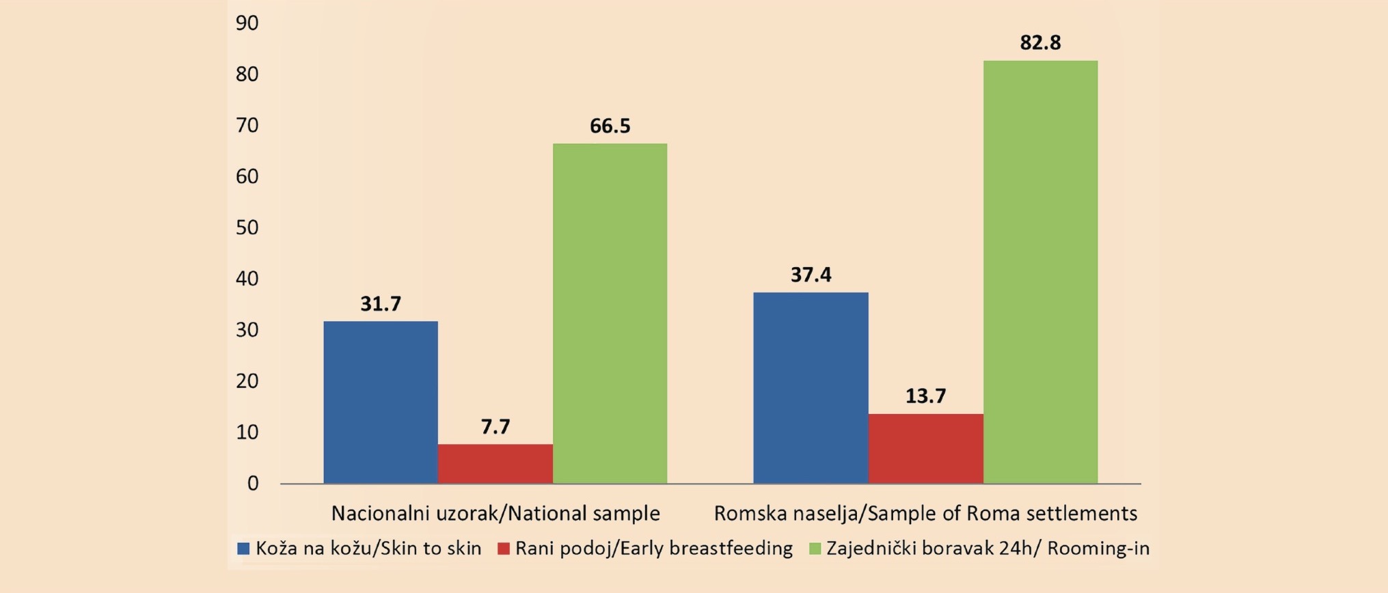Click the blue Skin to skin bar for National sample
pyautogui.click(x=381, y=402)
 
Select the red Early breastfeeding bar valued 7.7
pyautogui.click(x=495, y=464)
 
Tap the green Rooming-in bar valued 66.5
pyautogui.click(x=610, y=314)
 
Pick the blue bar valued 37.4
pyautogui.click(x=811, y=388)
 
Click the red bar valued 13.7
pyautogui.click(x=926, y=449)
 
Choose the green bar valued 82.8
pyautogui.click(x=1041, y=272)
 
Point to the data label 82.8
pyautogui.click(x=1041, y=42)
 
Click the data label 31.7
pyautogui.click(x=381, y=303)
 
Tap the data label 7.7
pyautogui.click(x=495, y=427)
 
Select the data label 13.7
pyautogui.click(x=926, y=396)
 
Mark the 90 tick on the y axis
pyautogui.click(x=247, y=23)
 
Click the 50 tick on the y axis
pyautogui.click(x=247, y=227)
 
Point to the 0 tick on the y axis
pyautogui.click(x=254, y=484)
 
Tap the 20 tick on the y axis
pyautogui.click(x=247, y=381)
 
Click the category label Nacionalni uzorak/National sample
pyautogui.click(x=495, y=513)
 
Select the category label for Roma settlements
pyautogui.click(x=926, y=513)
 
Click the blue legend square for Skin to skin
pyautogui.click(x=243, y=549)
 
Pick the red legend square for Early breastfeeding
pyautogui.click(x=504, y=549)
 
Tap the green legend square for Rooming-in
pyautogui.click(x=815, y=549)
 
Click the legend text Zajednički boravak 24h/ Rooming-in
pyautogui.click(x=988, y=549)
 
